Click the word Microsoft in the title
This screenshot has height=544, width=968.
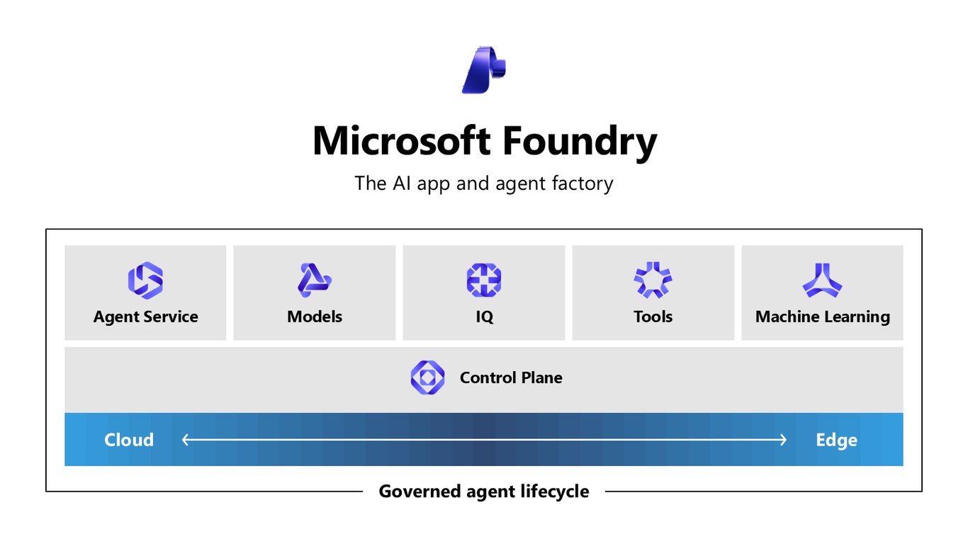click(x=402, y=141)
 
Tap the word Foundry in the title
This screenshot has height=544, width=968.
click(x=580, y=143)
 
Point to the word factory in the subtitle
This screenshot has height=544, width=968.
click(x=583, y=183)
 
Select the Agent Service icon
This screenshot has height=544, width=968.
click(x=145, y=280)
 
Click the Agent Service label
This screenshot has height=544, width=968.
click(x=146, y=317)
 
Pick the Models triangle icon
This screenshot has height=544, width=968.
click(x=314, y=280)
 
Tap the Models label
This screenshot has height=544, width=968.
click(x=315, y=317)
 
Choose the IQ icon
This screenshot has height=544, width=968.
click(x=483, y=280)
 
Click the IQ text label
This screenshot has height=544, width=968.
click(x=484, y=317)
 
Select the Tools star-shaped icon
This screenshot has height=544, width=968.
click(x=653, y=280)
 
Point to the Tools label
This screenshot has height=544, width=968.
click(x=653, y=317)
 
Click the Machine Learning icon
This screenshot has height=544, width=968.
click(x=822, y=281)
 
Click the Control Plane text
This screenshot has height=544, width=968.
click(x=511, y=378)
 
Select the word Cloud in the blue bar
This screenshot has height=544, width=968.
click(x=129, y=440)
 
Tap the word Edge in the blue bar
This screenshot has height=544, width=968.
click(x=837, y=441)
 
